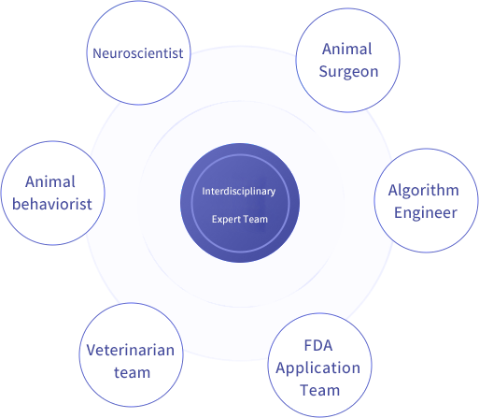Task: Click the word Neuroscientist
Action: [x=138, y=53]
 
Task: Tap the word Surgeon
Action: [x=348, y=72]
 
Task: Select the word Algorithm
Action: [x=424, y=191]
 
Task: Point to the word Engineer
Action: [x=426, y=213]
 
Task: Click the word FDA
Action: [x=318, y=345]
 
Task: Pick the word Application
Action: [x=318, y=368]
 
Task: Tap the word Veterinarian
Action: [x=131, y=350]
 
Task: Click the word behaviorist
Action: [x=52, y=205]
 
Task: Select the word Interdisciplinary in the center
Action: [x=239, y=191]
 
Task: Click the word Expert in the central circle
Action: [x=226, y=220]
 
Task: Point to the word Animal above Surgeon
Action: [x=347, y=49]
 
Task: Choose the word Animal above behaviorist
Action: [x=50, y=181]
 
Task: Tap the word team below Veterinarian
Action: [x=132, y=373]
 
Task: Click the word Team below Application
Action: [x=320, y=391]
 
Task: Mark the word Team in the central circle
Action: [x=255, y=219]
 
